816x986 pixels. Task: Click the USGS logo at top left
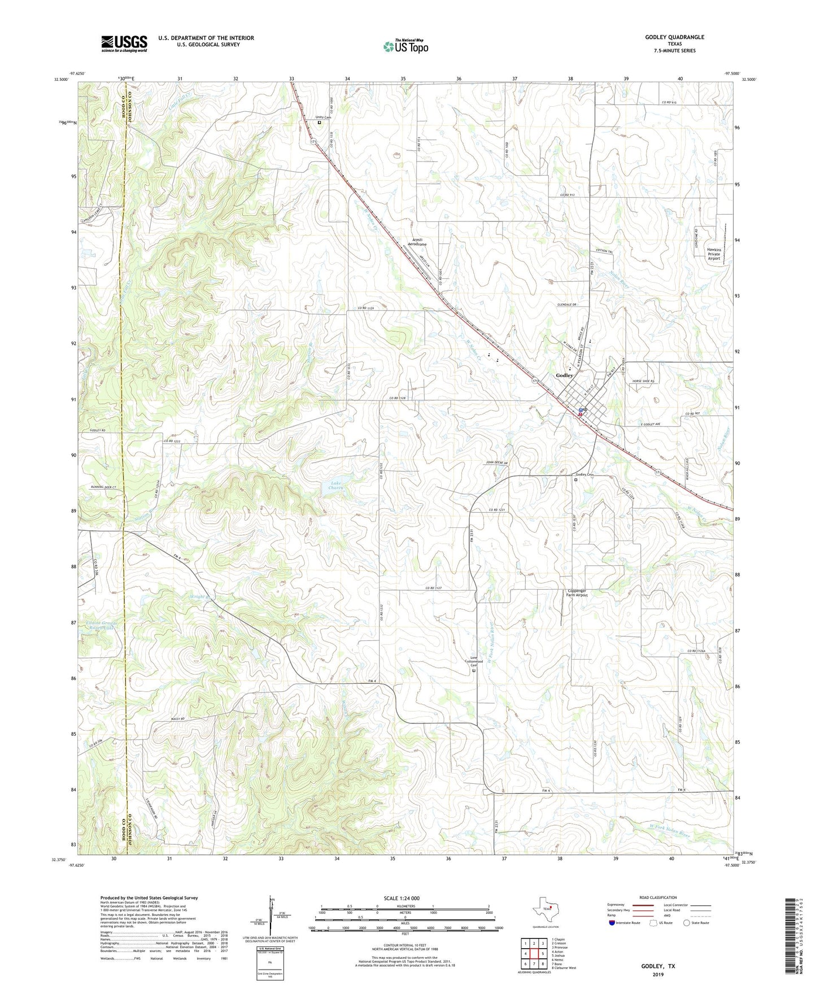[x=124, y=43]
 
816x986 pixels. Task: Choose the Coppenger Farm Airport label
[x=577, y=593]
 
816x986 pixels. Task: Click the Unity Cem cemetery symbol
[x=319, y=122]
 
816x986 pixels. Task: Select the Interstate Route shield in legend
[x=613, y=923]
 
